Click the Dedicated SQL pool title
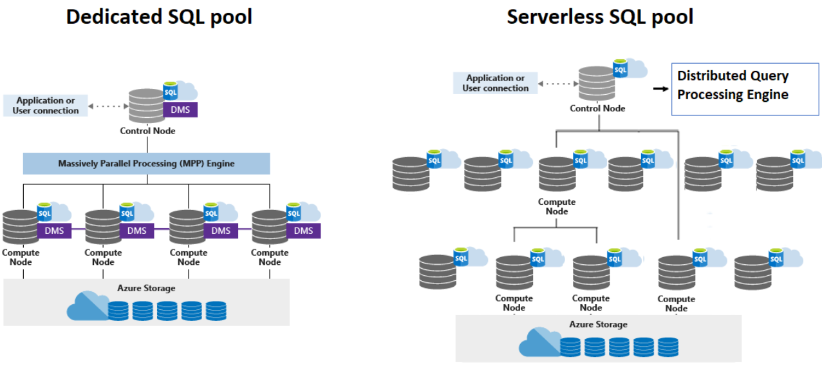point(159,17)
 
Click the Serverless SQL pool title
point(600,17)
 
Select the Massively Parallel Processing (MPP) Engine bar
point(146,164)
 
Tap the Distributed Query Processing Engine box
point(745,90)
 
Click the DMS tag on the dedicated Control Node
point(180,110)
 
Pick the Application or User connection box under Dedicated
point(46,106)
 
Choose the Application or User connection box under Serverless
point(496,83)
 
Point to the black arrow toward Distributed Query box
point(660,88)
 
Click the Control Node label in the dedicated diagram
point(147,131)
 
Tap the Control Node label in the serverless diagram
point(597,108)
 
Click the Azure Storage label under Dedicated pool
point(146,288)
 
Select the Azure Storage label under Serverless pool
point(599,325)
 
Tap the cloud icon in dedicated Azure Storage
point(88,306)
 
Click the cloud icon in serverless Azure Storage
point(539,342)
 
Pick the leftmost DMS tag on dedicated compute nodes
point(54,231)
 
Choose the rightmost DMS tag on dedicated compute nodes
point(303,231)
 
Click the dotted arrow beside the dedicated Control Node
point(108,106)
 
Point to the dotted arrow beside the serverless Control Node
point(558,84)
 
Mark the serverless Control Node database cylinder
point(597,83)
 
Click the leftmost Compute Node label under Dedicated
point(21,257)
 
